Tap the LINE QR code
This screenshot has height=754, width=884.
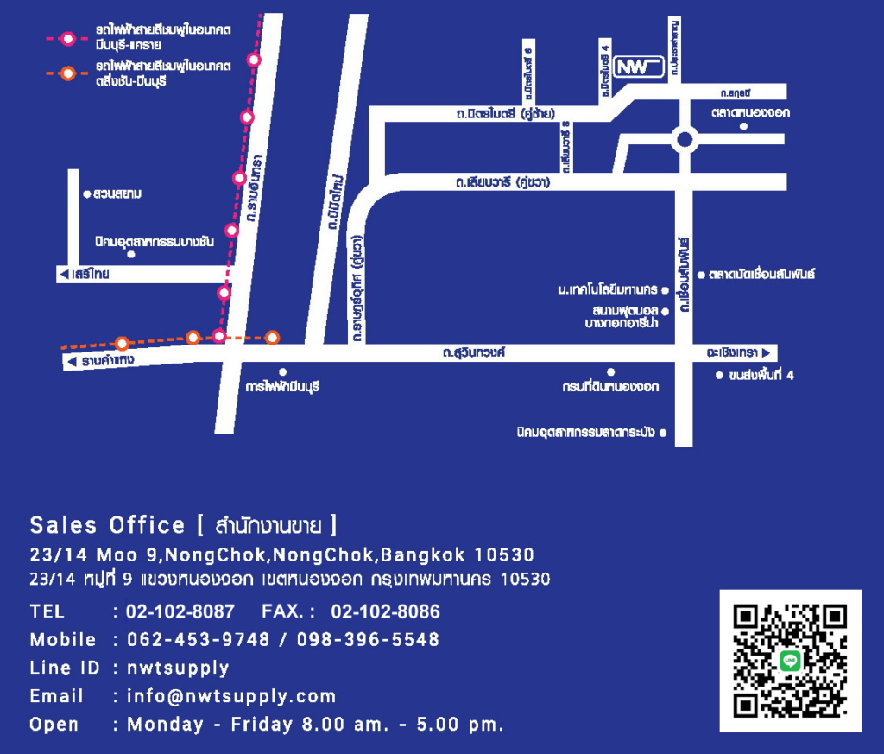click(790, 661)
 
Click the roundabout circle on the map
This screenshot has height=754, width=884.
click(685, 138)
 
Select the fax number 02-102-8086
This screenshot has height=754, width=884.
click(385, 611)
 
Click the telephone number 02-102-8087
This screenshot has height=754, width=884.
click(180, 611)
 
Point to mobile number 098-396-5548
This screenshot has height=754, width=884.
click(368, 640)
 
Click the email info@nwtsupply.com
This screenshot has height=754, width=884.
click(231, 696)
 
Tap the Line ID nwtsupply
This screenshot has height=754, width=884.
click(178, 668)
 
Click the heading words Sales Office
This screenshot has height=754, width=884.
click(107, 525)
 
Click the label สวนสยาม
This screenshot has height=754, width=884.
click(117, 194)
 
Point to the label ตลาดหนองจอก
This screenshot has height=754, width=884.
click(750, 113)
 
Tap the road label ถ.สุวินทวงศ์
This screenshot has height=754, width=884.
click(472, 352)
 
